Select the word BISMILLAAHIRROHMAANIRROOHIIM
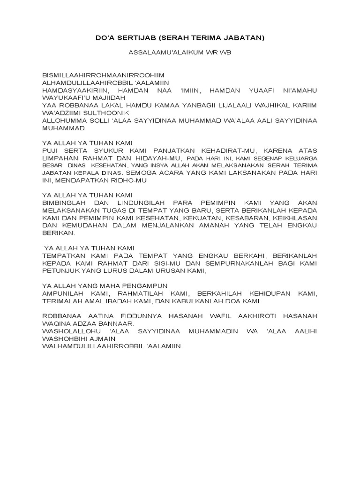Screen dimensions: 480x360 click(103, 75)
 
